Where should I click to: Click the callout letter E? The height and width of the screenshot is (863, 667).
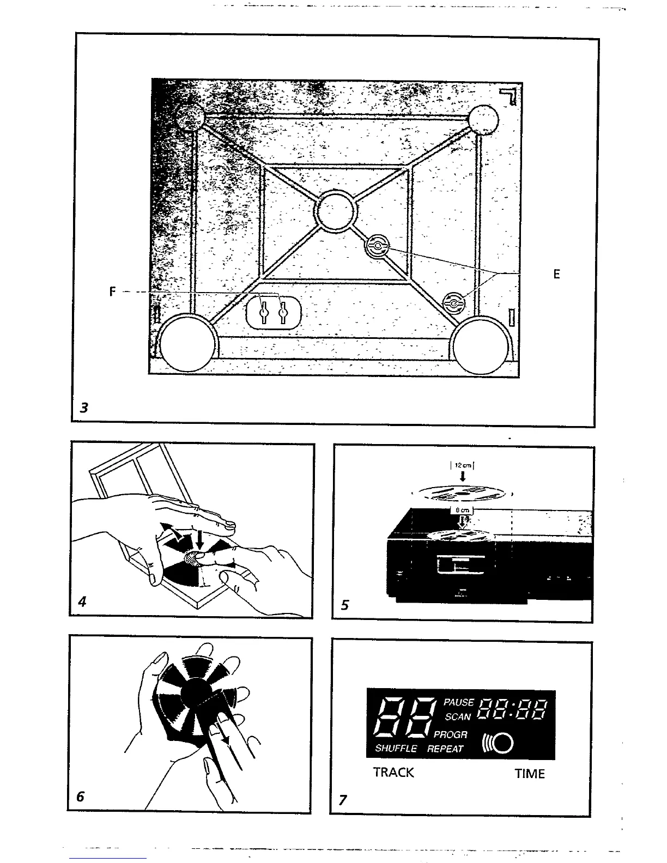pos(556,274)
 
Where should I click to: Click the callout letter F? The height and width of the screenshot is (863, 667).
pos(112,291)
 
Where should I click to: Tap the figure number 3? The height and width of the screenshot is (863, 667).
pos(83,407)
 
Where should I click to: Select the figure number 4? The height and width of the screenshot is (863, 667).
pos(82,602)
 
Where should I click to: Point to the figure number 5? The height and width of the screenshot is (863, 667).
pos(344,605)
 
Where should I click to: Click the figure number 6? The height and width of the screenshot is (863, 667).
pos(80,797)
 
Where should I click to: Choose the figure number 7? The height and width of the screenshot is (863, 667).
pos(343,800)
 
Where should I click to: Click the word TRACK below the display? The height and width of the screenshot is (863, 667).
pos(393,773)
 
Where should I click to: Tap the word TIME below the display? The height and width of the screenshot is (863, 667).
pos(530,774)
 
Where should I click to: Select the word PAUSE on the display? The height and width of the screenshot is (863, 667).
pos(459,703)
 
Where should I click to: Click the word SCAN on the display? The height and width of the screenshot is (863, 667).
pos(458,717)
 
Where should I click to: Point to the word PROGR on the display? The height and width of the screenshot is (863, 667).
pos(451,734)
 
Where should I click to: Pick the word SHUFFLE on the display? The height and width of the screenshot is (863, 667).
pos(396,749)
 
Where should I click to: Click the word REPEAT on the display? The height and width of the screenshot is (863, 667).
pos(445,749)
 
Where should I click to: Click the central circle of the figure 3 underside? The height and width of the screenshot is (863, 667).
pos(335,209)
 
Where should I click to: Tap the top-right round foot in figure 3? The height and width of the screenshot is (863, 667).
pos(483,119)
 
